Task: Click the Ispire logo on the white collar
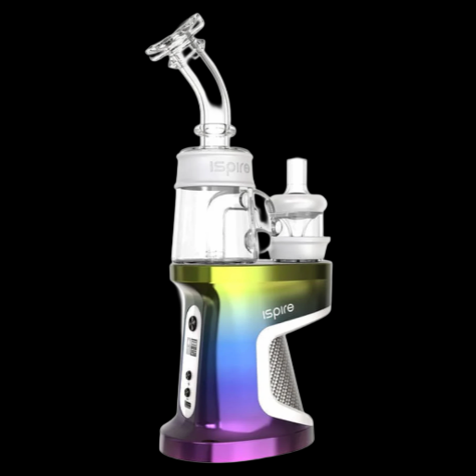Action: (222, 169)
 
